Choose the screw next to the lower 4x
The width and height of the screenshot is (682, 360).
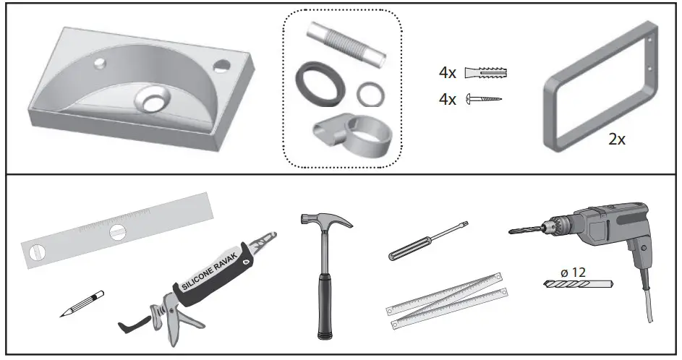click(x=484, y=98)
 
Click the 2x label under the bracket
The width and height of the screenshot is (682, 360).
click(x=616, y=140)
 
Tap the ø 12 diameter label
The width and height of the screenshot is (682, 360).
click(x=574, y=273)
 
